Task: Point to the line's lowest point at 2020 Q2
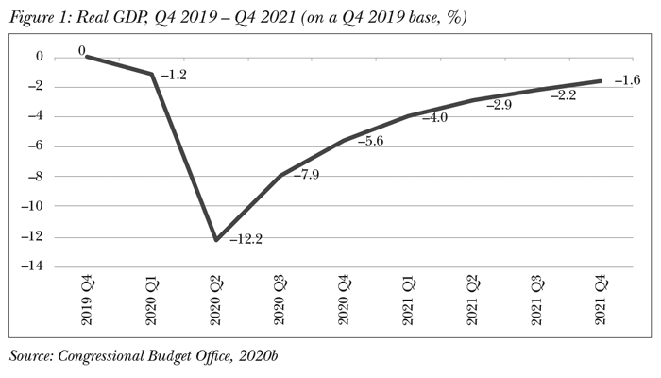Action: pos(216,240)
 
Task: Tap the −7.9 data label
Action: pos(303,175)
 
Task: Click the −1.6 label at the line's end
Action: pos(626,80)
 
